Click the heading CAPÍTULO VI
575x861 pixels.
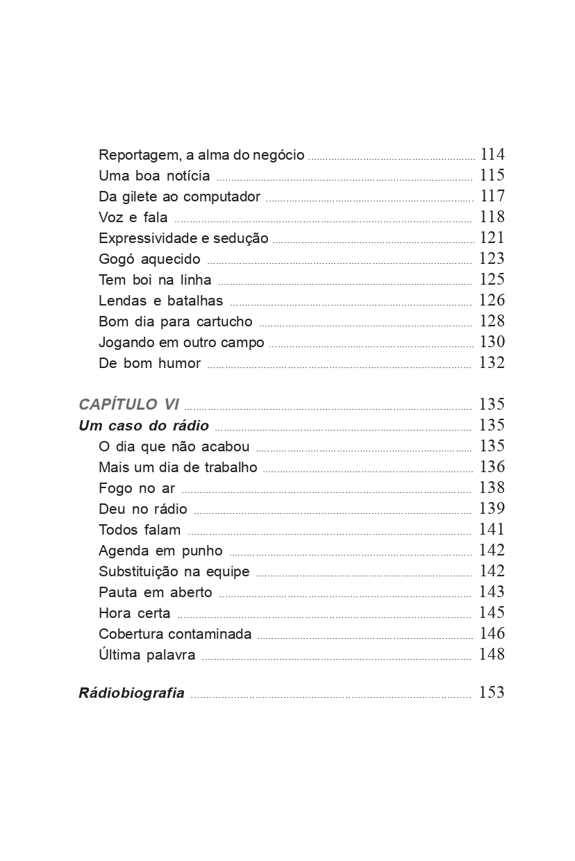coord(129,405)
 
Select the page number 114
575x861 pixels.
coord(492,154)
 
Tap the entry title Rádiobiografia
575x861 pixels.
coord(132,693)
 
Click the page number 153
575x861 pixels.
coord(492,692)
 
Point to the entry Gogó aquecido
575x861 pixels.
coord(149,259)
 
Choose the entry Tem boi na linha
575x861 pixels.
coord(155,280)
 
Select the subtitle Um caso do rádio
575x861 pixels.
coord(144,426)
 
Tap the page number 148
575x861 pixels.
coord(492,654)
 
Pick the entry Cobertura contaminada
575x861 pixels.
coord(175,634)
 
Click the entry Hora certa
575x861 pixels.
coord(135,613)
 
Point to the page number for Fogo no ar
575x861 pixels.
coord(492,487)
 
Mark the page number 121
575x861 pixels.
coord(492,237)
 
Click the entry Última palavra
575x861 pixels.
coord(147,655)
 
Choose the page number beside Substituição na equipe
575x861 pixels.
coord(492,571)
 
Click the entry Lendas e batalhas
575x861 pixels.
coord(161,301)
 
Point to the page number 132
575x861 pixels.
coord(492,362)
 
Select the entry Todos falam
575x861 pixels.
coord(140,530)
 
